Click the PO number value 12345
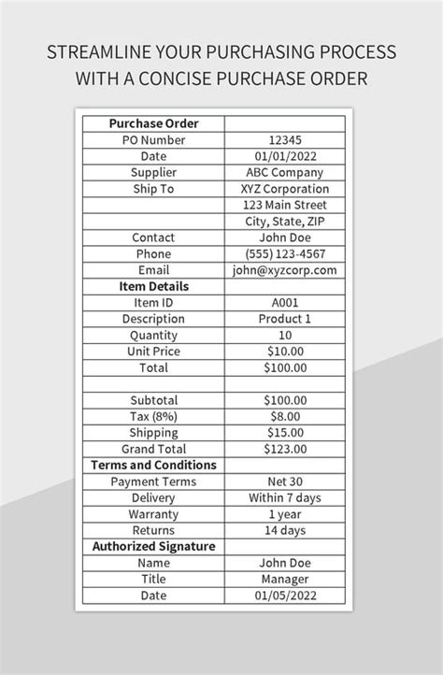(x=285, y=140)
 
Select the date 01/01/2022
(x=285, y=156)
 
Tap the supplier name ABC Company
(x=285, y=173)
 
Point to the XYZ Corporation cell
(x=285, y=189)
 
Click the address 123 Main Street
(x=285, y=205)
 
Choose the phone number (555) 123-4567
(x=285, y=253)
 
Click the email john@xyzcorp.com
(x=285, y=270)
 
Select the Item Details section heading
(x=153, y=286)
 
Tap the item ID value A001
(x=285, y=303)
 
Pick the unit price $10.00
(x=285, y=352)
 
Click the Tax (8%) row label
(x=153, y=416)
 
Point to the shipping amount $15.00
(x=285, y=433)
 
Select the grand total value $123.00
(x=285, y=449)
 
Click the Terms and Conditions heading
(x=153, y=465)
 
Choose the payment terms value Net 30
(x=285, y=481)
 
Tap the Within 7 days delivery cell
(x=285, y=497)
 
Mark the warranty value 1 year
(x=285, y=514)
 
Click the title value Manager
(x=285, y=579)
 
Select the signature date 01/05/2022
(x=285, y=596)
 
